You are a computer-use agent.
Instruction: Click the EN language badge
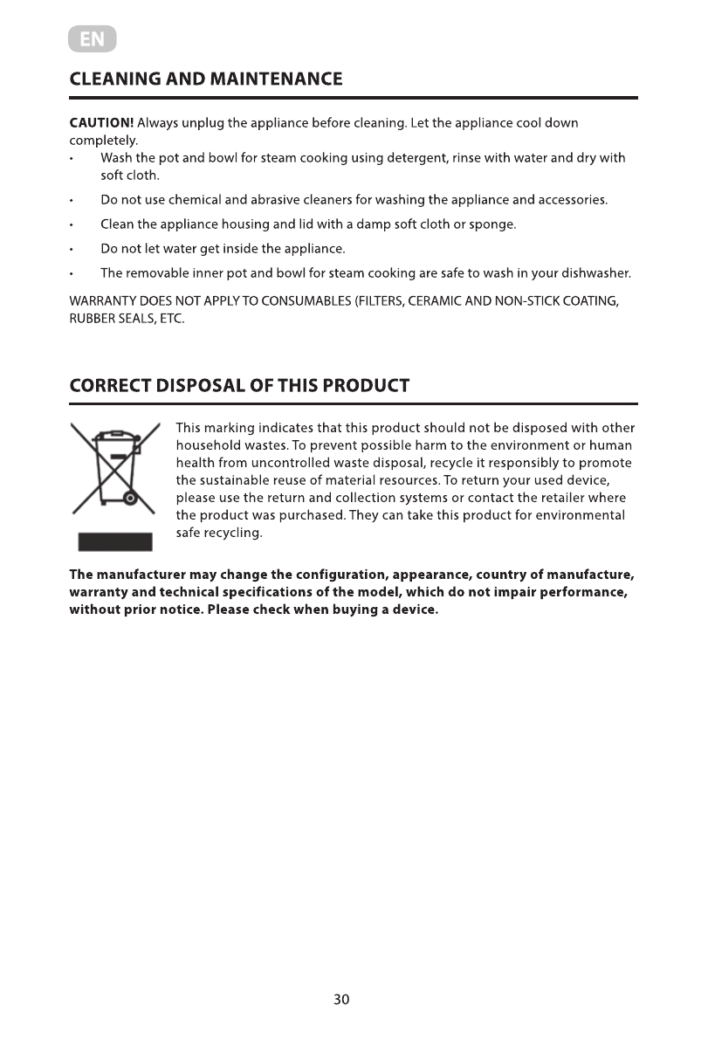click(x=92, y=40)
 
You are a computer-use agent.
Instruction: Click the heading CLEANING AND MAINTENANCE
click(x=206, y=79)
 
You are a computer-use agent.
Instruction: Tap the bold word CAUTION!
click(x=101, y=122)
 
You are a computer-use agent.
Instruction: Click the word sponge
click(x=494, y=224)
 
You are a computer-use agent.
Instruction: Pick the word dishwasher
click(x=596, y=273)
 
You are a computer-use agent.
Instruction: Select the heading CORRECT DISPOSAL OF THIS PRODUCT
click(x=239, y=386)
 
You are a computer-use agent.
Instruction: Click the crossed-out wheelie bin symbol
click(x=113, y=469)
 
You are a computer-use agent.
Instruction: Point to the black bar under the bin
click(x=115, y=541)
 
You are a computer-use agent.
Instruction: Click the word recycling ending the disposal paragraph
click(x=233, y=533)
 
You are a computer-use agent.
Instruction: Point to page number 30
click(x=341, y=999)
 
